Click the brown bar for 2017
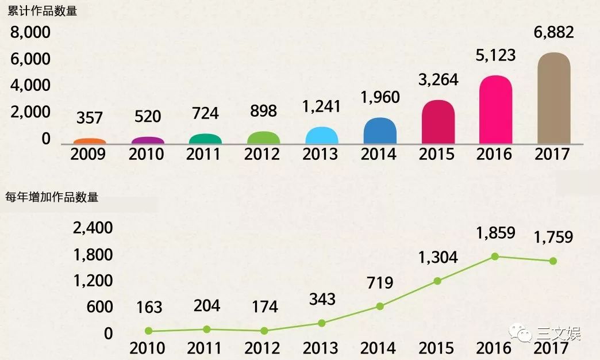[553, 98]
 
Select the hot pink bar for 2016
[495, 110]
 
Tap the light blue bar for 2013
[322, 136]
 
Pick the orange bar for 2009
[90, 141]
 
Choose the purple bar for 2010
[148, 140]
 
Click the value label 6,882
[553, 33]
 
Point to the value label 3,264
[438, 79]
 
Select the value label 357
[89, 118]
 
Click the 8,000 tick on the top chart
[30, 33]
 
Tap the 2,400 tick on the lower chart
[93, 228]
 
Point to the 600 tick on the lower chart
[99, 307]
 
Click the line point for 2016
[495, 256]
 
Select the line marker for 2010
[148, 331]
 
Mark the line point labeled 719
[379, 306]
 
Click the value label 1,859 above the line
[495, 233]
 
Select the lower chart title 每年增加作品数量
[52, 197]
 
